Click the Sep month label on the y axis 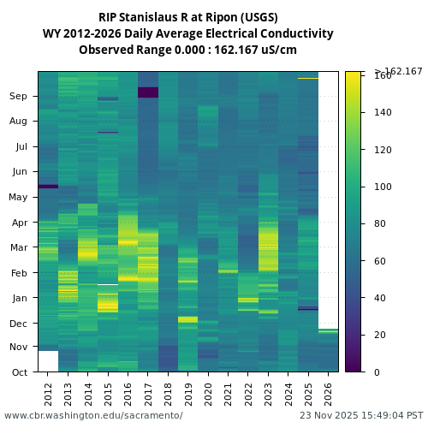pos(19,97)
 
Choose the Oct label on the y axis pos(19,372)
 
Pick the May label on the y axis pos(18,198)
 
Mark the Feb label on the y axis pos(19,273)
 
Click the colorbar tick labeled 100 pos(383,187)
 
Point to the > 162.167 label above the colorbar pos(398,71)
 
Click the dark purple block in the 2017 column pos(148,92)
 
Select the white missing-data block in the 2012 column pos(48,361)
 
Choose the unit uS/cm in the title pos(278,50)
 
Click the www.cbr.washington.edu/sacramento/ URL pos(93,415)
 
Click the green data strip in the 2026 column pos(328,330)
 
